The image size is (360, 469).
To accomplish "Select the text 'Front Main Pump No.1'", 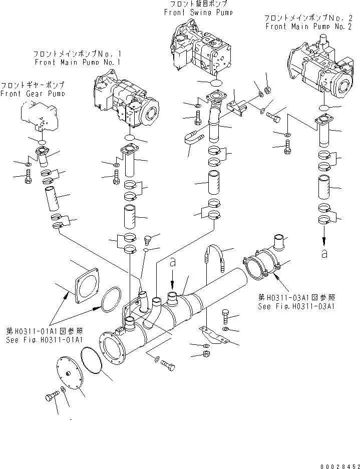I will coord(78,63).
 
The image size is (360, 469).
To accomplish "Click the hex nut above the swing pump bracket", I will coord(267,91).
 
